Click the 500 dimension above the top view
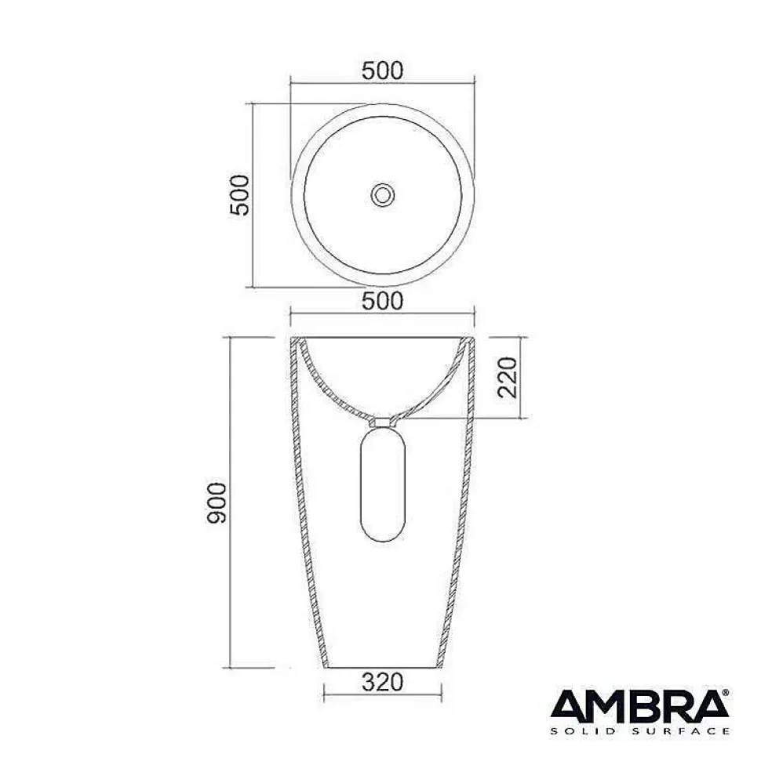[x=382, y=71]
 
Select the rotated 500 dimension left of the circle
[x=239, y=195]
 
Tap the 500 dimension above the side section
[x=382, y=301]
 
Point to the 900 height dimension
[x=217, y=503]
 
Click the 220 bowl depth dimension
[x=507, y=378]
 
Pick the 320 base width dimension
[x=382, y=682]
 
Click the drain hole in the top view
[x=382, y=195]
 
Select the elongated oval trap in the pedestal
[x=382, y=485]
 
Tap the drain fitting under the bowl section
[x=382, y=422]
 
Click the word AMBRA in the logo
[x=639, y=705]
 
